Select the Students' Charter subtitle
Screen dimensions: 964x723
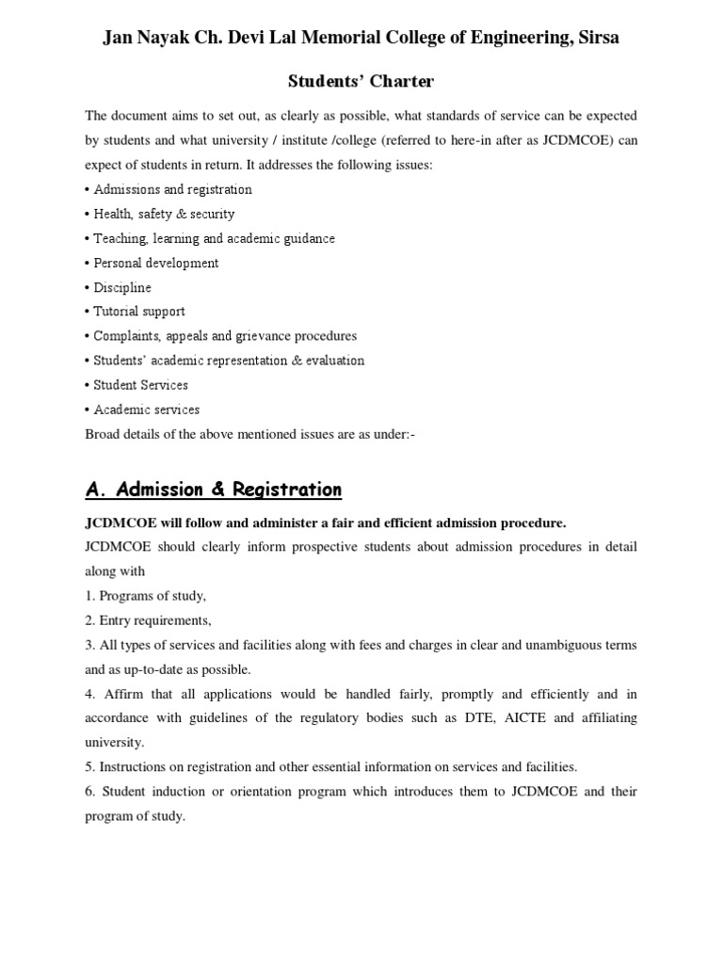pos(361,82)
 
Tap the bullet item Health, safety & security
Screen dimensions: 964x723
pos(164,214)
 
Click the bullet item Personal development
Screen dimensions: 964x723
pos(155,263)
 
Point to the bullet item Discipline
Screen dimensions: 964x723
pos(121,287)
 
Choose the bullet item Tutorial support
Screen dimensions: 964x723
pos(139,312)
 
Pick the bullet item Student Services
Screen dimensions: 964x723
pos(140,385)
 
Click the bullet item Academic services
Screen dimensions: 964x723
pos(146,410)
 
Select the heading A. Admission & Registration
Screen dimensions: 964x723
pos(214,490)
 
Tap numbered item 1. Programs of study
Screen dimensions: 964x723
pos(145,596)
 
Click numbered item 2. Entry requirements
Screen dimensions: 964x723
pos(148,620)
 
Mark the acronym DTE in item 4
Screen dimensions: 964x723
pos(465,718)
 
